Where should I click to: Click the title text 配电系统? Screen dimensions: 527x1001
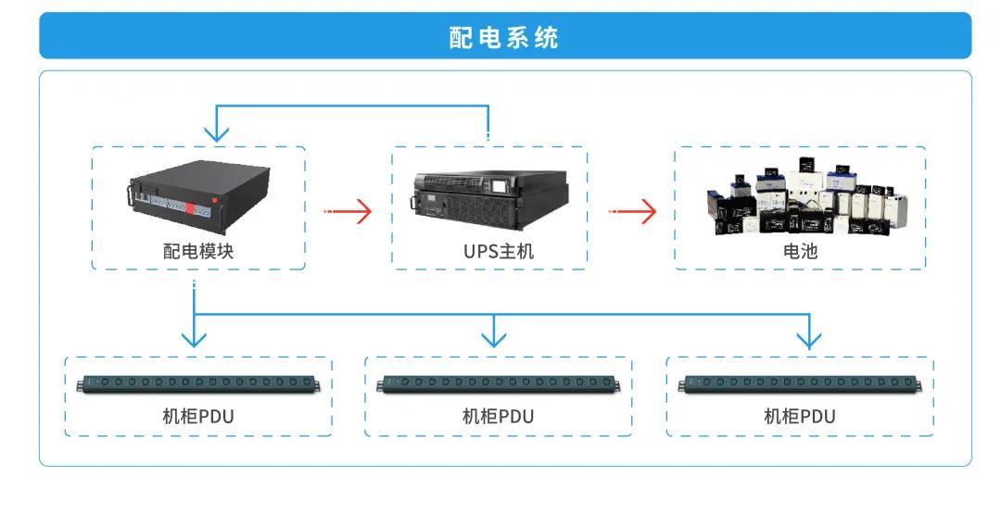point(504,37)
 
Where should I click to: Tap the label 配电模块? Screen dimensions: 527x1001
point(197,251)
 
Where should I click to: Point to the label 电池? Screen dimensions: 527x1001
point(800,251)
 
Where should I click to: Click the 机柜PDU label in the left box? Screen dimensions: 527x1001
point(197,416)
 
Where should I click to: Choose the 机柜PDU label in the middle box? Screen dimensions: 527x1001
point(499,416)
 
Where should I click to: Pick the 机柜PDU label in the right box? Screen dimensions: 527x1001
point(799,416)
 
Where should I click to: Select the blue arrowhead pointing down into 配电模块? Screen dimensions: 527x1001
point(216,133)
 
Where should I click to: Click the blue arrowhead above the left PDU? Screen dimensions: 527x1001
point(194,337)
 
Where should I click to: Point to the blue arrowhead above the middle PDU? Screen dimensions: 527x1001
point(494,337)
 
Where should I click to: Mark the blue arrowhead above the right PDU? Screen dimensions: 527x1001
point(809,339)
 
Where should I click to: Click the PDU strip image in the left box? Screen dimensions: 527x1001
point(198,383)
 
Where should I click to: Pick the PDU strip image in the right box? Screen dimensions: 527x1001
point(800,383)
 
